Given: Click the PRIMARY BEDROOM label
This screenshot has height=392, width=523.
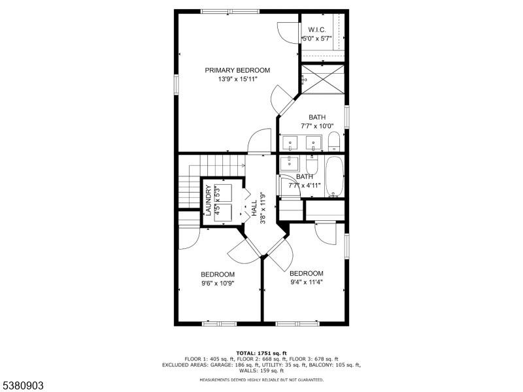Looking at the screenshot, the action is coord(237,71).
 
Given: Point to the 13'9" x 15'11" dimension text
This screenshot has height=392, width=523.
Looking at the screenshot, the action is coord(238,79).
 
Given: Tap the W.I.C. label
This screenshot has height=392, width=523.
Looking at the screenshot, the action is coord(317,30).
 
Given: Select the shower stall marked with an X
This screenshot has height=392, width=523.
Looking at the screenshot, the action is coord(322,79).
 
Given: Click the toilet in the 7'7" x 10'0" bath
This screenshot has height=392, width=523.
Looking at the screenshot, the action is coord(333,141).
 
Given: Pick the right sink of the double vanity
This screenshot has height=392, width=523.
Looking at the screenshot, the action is coord(314,143).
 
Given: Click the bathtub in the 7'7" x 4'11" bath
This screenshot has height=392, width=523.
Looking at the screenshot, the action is coord(335,176).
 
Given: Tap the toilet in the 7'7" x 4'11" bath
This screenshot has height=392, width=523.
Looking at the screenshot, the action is coord(312,165).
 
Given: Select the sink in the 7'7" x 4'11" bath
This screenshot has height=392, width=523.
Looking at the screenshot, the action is coord(290,163).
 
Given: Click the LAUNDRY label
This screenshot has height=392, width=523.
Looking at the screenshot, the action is coord(209,201).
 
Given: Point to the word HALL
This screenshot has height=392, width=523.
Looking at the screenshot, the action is coord(254,208).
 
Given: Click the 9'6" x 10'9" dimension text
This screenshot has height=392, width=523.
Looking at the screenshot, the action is coord(218,284).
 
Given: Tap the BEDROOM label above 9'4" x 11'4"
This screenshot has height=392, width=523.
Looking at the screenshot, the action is coord(306,274).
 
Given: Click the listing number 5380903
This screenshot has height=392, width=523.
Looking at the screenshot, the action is coord(22,385).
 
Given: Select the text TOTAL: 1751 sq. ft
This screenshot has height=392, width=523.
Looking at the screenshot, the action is coord(261,353).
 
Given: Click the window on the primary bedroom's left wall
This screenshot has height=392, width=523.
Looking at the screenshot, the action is coord(176,85).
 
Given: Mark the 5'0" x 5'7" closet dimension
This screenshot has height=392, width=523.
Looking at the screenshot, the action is coord(317,39).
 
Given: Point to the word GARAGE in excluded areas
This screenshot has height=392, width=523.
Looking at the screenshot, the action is coord(221,365).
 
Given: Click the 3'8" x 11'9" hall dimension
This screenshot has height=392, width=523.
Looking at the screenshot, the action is coord(263,207).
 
